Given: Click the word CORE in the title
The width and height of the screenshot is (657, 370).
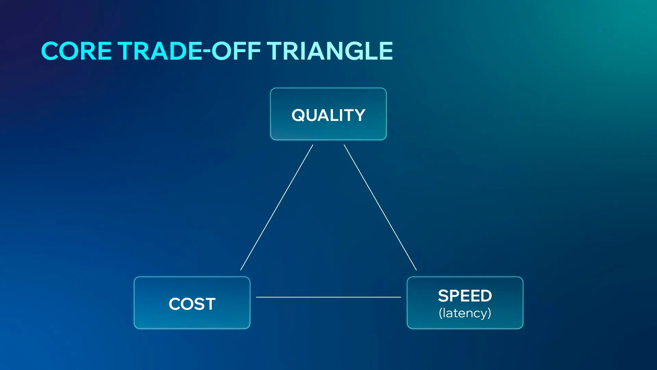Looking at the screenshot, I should pos(76,51).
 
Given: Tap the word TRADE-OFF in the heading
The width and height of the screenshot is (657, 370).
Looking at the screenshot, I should pos(189,51).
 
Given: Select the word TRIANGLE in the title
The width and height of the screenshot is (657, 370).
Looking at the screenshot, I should pos(330,51).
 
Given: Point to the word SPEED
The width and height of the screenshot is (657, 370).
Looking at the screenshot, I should pos(465,296).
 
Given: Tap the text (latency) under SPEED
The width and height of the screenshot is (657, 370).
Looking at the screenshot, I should pos(465,313).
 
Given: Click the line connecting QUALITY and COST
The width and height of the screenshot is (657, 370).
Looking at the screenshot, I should pos(276,207).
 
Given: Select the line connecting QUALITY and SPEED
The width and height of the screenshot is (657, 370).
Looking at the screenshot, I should pos(380,207).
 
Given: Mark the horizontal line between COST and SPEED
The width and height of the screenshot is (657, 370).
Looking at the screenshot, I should pos(328,297).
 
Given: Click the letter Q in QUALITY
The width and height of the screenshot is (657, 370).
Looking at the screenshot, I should pos(299,115).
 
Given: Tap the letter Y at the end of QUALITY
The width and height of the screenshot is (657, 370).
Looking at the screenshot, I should pos(359,115).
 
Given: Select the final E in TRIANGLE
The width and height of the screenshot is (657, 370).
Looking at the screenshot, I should pos(384,51).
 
